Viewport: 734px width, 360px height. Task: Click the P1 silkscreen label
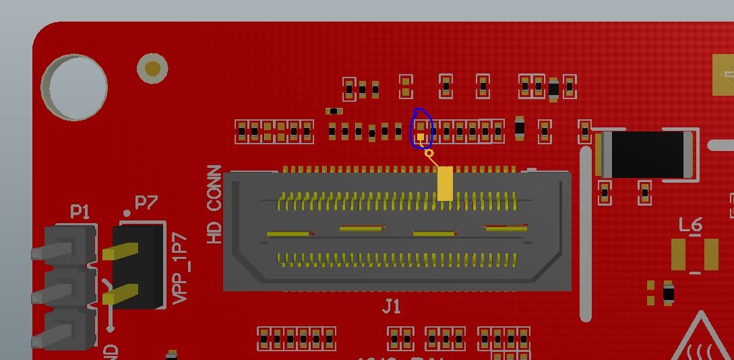click(80, 212)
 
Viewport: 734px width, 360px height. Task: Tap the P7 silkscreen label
click(146, 202)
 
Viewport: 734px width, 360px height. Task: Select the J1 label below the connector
click(392, 307)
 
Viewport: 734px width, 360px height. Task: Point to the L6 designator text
click(691, 225)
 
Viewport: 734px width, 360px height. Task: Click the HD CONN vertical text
click(214, 204)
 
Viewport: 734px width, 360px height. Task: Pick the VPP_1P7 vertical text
click(180, 269)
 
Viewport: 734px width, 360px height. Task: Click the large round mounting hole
click(74, 88)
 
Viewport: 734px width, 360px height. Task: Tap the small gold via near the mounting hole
click(152, 68)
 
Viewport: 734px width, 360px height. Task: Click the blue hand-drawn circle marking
click(421, 128)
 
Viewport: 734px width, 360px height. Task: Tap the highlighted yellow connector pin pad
click(445, 183)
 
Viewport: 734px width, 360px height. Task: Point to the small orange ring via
click(429, 154)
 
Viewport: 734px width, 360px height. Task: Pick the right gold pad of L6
click(710, 254)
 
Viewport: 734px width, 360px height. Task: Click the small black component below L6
click(668, 293)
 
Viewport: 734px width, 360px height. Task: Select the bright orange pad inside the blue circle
click(421, 138)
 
